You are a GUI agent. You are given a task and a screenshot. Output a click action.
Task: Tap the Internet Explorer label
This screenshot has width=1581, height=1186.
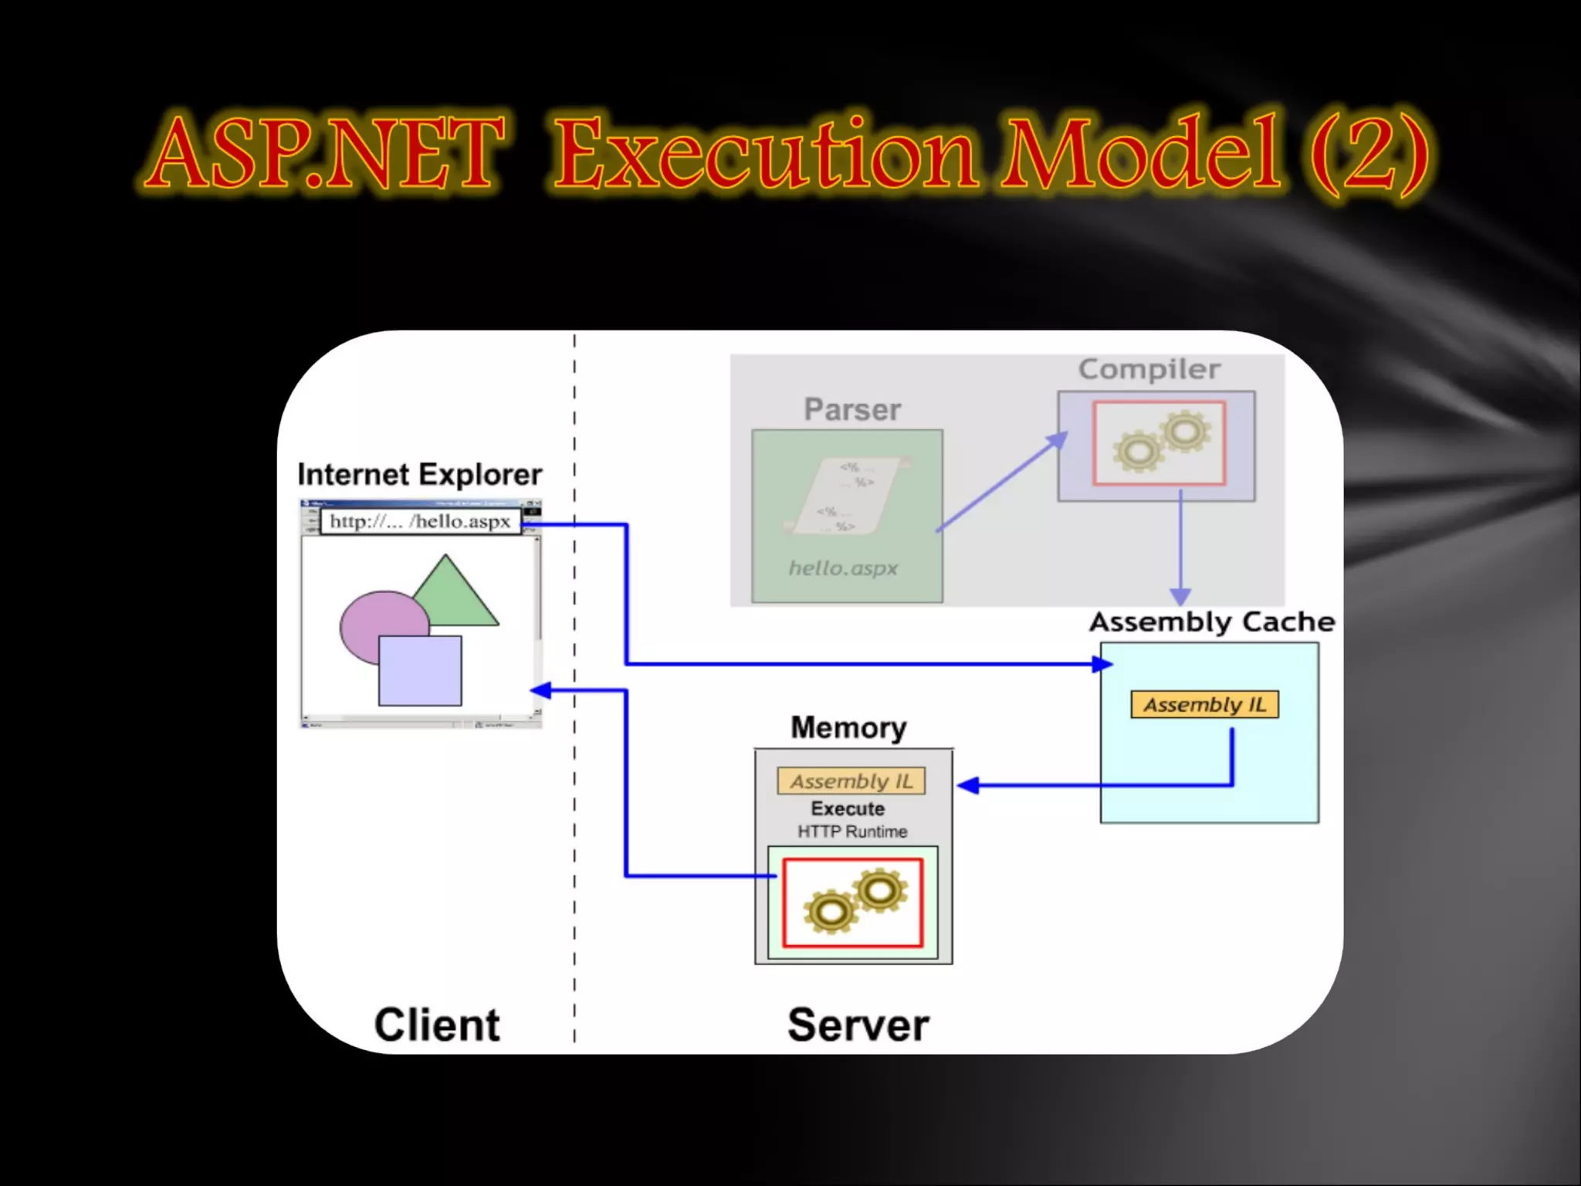pos(419,474)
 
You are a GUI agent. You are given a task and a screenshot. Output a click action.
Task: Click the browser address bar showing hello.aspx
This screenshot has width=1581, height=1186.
pos(420,521)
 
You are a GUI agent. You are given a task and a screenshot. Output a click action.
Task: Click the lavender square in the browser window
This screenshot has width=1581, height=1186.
pos(420,670)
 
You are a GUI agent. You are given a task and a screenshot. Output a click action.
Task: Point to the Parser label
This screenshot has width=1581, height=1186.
pos(851,409)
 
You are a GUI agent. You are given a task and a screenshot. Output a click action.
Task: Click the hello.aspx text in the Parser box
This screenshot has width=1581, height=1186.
pos(843,568)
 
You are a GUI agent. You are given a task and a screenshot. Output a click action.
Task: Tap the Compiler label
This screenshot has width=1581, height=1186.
pos(1149,369)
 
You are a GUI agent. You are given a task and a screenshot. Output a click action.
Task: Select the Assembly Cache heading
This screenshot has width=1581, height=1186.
pos(1211,622)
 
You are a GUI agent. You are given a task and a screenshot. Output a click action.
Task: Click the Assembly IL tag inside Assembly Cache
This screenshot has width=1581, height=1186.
pos(1204,704)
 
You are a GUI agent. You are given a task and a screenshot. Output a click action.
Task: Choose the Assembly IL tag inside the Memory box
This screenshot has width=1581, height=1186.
pos(851,781)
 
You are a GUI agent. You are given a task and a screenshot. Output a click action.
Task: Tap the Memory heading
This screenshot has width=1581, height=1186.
pos(848,727)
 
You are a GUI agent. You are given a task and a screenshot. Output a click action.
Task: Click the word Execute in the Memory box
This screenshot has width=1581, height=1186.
pos(848,808)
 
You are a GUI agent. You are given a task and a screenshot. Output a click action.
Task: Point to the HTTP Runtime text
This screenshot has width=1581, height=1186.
pos(852,832)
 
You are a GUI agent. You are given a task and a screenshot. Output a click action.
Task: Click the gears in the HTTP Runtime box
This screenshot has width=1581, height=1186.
pos(853,902)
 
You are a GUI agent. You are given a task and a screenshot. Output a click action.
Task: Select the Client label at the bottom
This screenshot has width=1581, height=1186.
pos(437,1025)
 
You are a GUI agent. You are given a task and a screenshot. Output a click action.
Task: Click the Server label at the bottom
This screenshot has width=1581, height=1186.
pos(858,1025)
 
